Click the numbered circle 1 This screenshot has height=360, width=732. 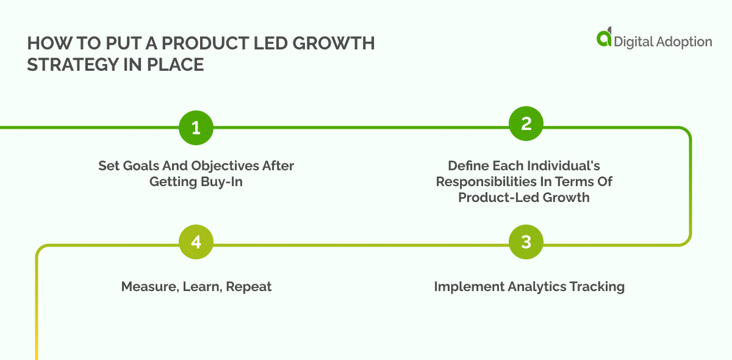coord(196,128)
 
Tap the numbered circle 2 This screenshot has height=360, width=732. coord(526,124)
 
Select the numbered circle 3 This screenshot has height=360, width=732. coord(526,242)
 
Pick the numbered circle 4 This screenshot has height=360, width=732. coord(196,242)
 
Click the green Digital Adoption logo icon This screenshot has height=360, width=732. coord(604,38)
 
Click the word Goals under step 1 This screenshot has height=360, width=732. coord(138,166)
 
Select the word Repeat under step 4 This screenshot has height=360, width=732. coord(249,287)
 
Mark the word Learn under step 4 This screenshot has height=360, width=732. coord(201,287)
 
